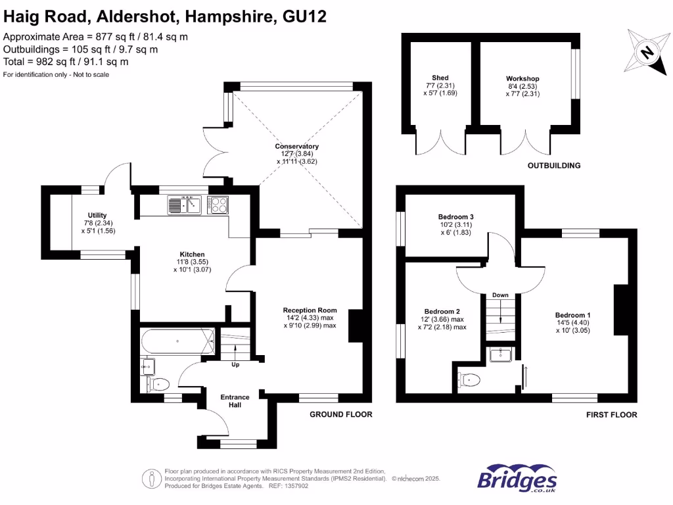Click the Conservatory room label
(x=297, y=146)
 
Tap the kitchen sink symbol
(x=184, y=205)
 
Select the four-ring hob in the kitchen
(x=218, y=204)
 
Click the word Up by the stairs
(x=235, y=364)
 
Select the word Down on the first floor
(x=500, y=295)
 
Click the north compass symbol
(x=647, y=52)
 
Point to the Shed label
(x=440, y=78)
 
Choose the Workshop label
(x=522, y=79)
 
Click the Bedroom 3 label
(x=456, y=217)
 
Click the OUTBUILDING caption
(x=554, y=166)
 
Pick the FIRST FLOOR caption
(x=611, y=415)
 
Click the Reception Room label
(x=310, y=310)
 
